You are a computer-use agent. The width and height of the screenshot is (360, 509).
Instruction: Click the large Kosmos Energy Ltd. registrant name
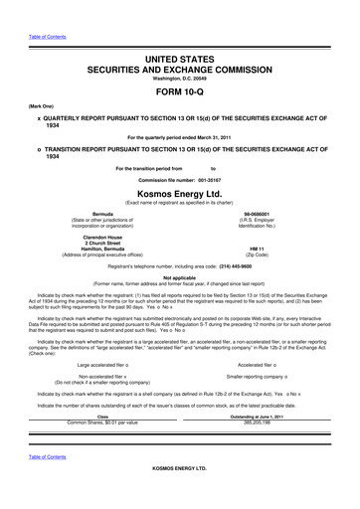pyautogui.click(x=179, y=192)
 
